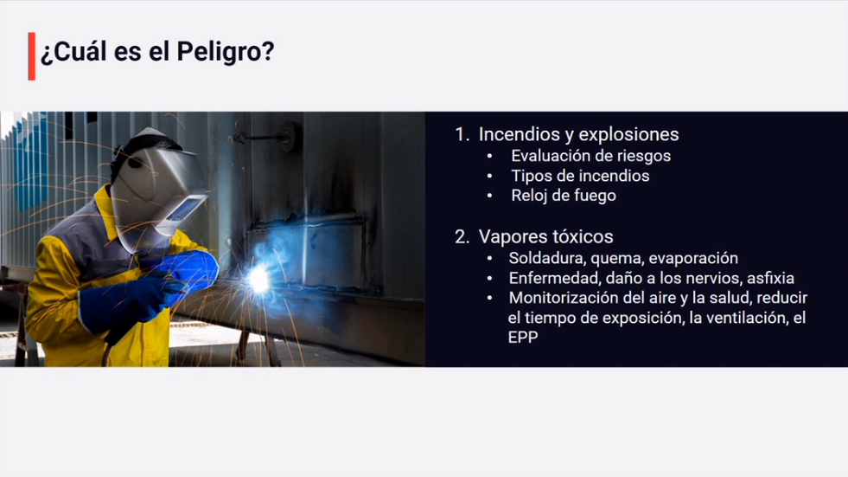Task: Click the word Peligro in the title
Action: pos(226,53)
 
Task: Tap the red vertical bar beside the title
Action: pos(32,56)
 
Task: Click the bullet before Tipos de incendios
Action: pos(489,177)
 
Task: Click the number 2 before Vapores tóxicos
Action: pos(462,236)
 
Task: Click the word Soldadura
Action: pos(547,258)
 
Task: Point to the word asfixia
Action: pos(771,278)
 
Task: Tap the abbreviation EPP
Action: pos(523,338)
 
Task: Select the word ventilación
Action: pos(738,318)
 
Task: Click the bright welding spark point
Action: pos(259,280)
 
